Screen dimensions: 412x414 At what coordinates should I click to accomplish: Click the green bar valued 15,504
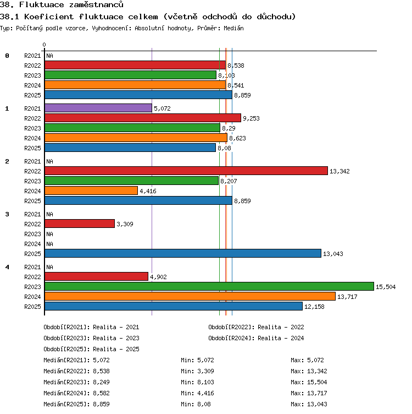209,286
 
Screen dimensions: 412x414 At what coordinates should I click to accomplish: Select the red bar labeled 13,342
186,171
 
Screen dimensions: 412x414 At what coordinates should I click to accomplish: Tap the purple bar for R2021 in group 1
98,108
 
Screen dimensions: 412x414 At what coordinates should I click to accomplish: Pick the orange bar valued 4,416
91,190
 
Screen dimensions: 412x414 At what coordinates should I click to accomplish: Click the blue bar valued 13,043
183,253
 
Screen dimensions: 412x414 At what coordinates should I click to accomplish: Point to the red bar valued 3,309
80,224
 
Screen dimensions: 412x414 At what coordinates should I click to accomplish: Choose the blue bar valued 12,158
174,306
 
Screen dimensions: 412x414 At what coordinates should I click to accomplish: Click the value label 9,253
251,118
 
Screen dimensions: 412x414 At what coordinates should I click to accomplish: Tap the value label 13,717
347,297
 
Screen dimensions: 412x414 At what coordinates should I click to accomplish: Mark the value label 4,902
158,277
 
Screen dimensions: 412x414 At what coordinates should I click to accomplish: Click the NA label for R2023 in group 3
49,234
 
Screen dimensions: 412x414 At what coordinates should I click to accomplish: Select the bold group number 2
7,161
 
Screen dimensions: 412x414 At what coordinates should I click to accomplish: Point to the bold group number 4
7,267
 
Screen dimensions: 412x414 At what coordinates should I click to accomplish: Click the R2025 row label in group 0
32,95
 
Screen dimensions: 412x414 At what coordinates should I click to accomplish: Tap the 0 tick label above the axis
44,45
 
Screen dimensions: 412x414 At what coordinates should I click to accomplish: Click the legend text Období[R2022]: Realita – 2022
256,327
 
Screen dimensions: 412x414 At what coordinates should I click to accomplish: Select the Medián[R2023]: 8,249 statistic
76,382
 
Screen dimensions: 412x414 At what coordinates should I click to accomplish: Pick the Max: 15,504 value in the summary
309,382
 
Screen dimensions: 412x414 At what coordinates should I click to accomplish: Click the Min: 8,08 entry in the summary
196,404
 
